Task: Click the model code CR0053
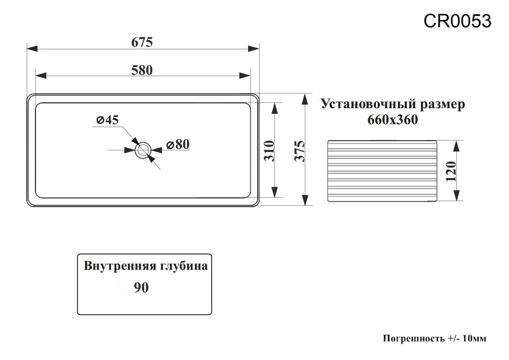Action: (x=458, y=20)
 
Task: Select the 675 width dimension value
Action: (x=142, y=42)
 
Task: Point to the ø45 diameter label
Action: (x=106, y=120)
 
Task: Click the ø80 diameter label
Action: (x=177, y=145)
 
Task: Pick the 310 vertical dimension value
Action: (x=270, y=151)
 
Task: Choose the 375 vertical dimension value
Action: (x=299, y=151)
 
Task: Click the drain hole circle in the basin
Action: (x=143, y=150)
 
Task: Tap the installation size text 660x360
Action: (x=392, y=120)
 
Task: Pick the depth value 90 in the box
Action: (x=141, y=288)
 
